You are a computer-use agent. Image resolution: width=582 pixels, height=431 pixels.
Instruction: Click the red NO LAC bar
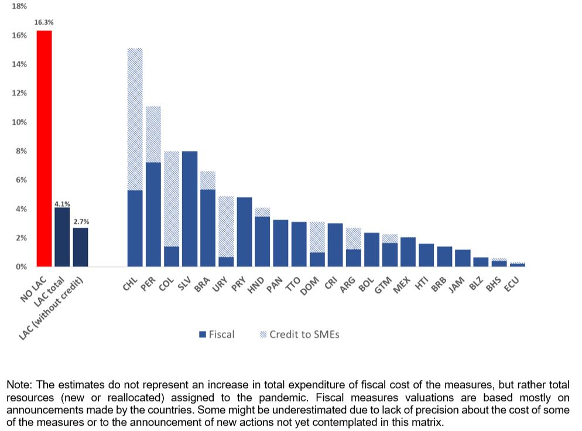(44, 149)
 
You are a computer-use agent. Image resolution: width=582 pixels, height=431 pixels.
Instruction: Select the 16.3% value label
(44, 22)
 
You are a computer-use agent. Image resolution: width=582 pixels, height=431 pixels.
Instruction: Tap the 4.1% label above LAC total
(62, 204)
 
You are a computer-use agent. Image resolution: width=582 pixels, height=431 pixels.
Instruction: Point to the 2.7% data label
(81, 223)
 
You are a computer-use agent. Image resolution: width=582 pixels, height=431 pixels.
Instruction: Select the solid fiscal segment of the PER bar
(153, 214)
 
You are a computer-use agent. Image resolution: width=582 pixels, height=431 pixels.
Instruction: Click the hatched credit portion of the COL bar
(172, 199)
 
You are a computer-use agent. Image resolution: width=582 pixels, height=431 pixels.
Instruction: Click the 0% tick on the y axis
(21, 267)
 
